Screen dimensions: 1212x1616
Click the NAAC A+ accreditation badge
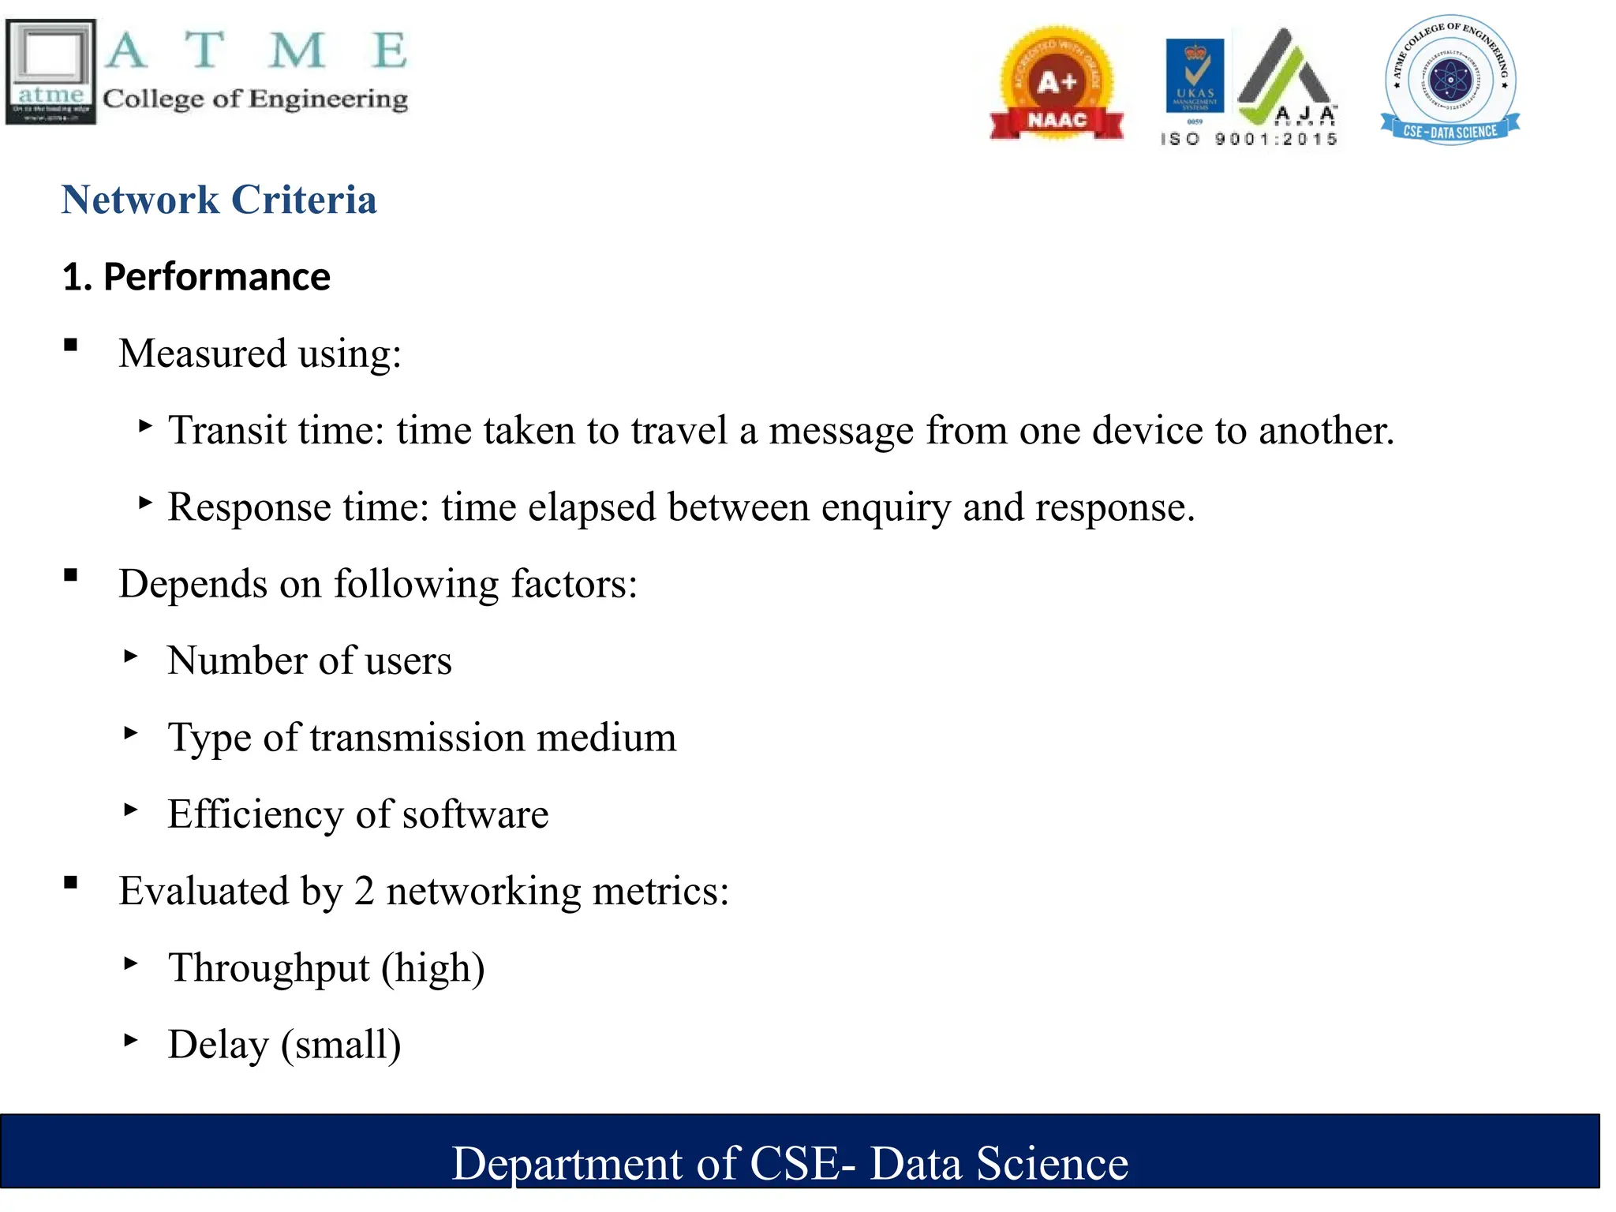click(x=1057, y=84)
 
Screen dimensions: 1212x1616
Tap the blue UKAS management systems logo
click(x=1195, y=76)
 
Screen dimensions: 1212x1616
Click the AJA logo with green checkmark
click(x=1286, y=79)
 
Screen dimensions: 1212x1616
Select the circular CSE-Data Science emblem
click(x=1450, y=79)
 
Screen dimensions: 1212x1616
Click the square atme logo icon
click(x=51, y=72)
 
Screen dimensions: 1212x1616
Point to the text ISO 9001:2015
click(x=1249, y=139)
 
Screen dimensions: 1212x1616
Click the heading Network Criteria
click(x=219, y=200)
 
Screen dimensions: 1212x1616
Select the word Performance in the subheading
click(x=216, y=277)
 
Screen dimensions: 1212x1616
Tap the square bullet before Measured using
click(x=71, y=345)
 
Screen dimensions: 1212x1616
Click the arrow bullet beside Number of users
click(x=131, y=656)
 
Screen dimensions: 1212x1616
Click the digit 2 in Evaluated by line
click(x=364, y=892)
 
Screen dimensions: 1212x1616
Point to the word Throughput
click(x=269, y=968)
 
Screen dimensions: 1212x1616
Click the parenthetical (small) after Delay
click(x=341, y=1045)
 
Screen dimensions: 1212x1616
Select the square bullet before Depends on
click(x=71, y=575)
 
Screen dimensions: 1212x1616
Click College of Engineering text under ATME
click(x=255, y=99)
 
